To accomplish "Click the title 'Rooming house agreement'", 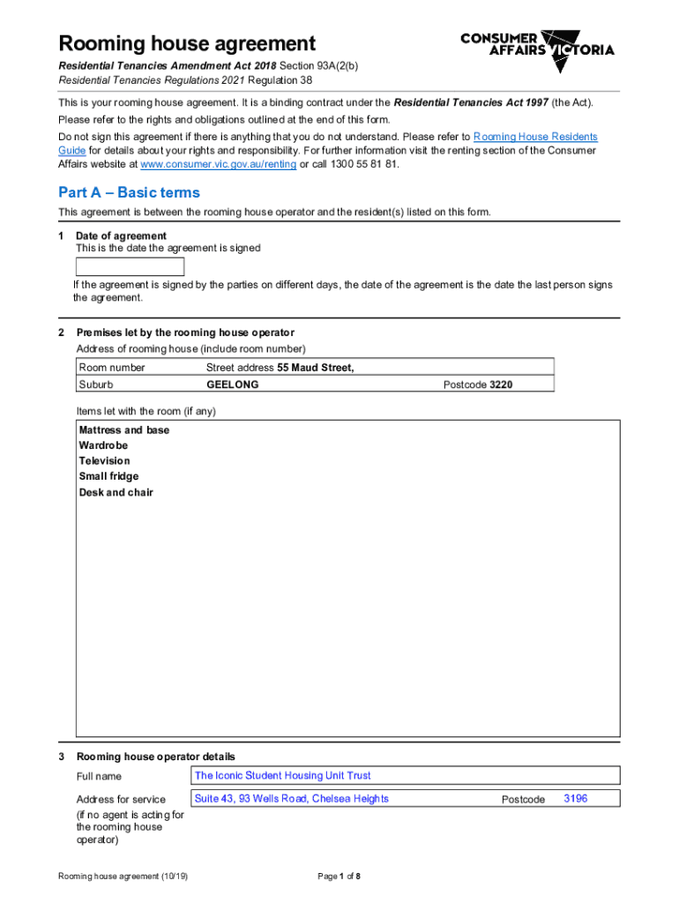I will (x=186, y=43).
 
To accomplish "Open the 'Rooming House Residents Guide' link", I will (x=535, y=137).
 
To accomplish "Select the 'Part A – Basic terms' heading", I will (x=129, y=192).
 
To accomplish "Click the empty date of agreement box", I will (x=130, y=266).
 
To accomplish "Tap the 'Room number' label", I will (x=112, y=368).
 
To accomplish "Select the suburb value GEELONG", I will (x=232, y=384).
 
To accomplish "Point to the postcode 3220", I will (x=501, y=384).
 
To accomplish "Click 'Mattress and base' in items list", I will (x=124, y=430).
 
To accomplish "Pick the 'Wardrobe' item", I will (x=103, y=445).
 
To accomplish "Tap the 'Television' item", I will (x=104, y=461).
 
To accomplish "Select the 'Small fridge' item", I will (x=108, y=477).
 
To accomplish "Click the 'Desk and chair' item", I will (x=116, y=493).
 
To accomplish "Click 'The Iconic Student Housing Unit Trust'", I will (x=282, y=776).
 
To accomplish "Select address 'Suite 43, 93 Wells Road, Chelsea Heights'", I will (x=291, y=799).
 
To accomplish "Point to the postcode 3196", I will (x=575, y=799).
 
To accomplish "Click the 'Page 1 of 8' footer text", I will (x=339, y=877).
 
